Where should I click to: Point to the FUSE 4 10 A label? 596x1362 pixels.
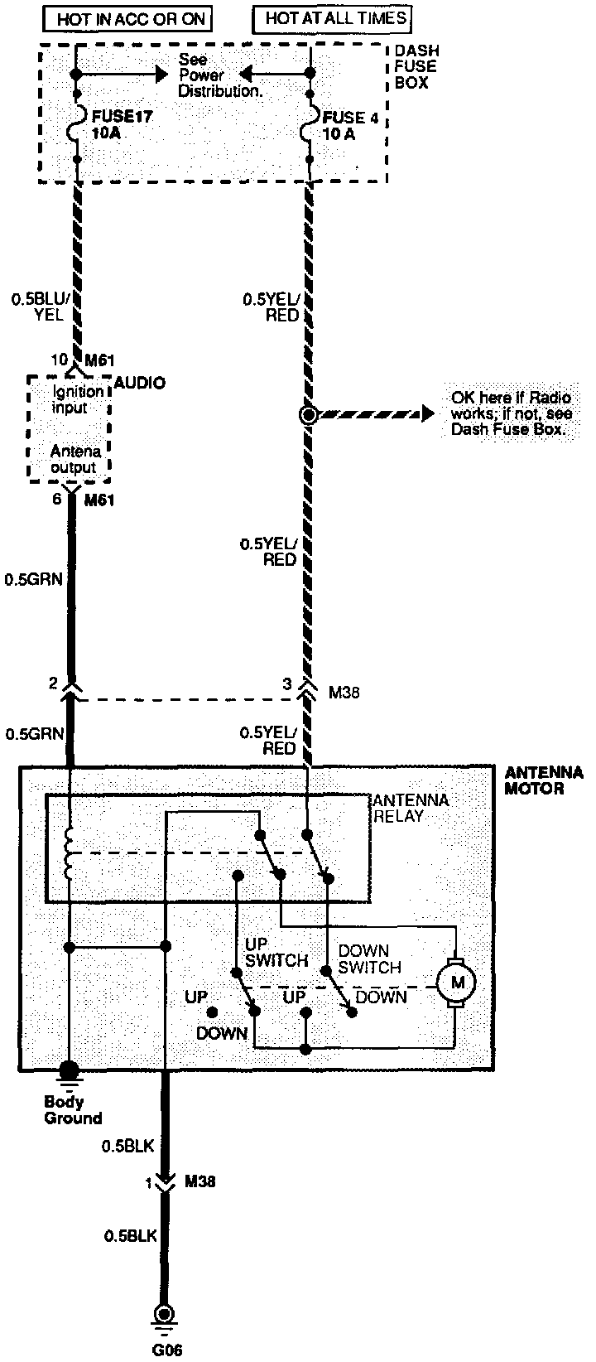350,124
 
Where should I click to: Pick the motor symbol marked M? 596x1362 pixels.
454,983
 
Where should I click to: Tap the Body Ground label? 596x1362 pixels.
73,1109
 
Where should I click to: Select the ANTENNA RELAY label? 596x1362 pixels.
411,808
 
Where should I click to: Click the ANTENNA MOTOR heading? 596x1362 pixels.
543,780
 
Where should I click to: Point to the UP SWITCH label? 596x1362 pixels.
276,953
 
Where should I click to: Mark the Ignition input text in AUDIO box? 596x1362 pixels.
78,399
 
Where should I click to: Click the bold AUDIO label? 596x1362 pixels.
139,383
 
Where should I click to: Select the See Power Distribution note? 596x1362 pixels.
219,75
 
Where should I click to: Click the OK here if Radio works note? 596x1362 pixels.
512,413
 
